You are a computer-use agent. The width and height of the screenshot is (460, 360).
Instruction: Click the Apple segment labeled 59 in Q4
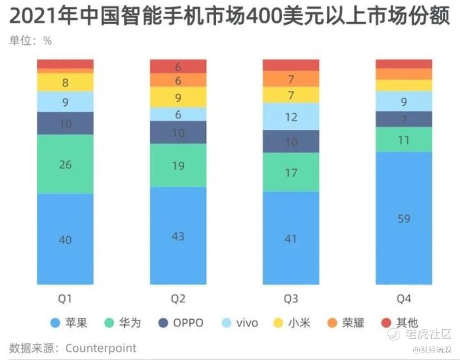coord(403,218)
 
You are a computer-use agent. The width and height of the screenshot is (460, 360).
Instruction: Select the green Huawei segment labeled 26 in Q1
coord(65,164)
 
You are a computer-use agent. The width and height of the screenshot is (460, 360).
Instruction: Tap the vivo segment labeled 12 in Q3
coord(291,117)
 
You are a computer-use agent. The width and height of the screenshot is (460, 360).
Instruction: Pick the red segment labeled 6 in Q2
coord(178,66)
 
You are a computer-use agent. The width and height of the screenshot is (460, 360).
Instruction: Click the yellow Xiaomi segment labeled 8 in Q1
coord(65,83)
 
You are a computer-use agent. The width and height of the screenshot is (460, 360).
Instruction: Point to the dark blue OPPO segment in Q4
coord(403,119)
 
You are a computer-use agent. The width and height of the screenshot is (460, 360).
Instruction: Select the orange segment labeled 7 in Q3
coord(291,79)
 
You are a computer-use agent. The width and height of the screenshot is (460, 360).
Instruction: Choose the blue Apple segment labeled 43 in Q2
coord(178,236)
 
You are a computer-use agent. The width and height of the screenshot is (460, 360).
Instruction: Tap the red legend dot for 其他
coord(387,323)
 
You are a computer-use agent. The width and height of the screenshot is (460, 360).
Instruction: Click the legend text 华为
coord(130,323)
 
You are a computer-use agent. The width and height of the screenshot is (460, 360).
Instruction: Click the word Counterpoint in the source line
coord(101,348)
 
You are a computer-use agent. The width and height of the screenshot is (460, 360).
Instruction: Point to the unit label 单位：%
coord(30,41)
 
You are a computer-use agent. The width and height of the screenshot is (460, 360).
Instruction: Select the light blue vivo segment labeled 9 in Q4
coord(403,101)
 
